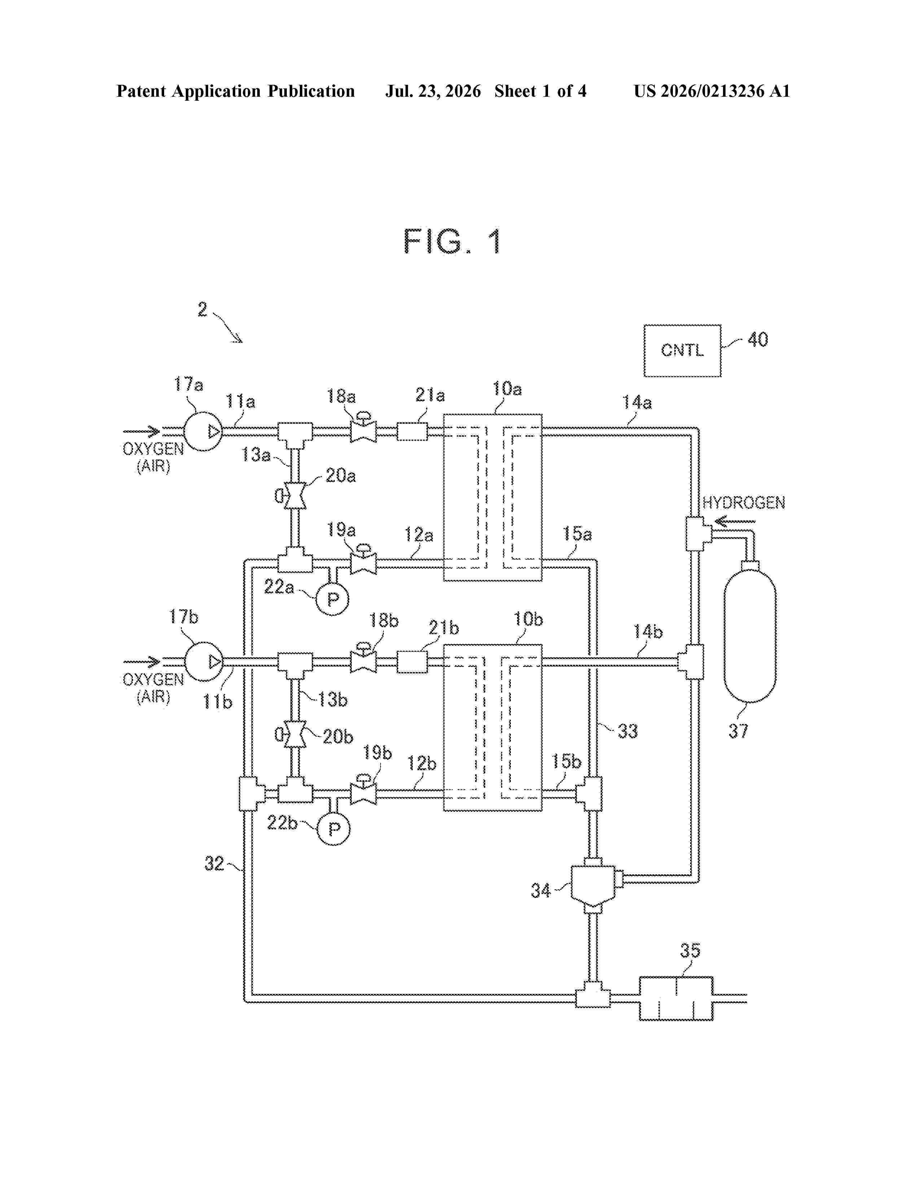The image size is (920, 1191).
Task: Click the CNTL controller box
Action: (x=682, y=351)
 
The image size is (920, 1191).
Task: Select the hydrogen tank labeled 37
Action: (x=749, y=635)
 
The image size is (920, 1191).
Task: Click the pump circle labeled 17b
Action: (x=203, y=662)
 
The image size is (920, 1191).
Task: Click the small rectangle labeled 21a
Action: (x=412, y=431)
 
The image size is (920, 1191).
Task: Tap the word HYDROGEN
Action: (x=744, y=502)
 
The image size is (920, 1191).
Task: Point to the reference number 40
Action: (x=758, y=340)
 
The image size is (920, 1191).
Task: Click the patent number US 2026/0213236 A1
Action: (x=712, y=91)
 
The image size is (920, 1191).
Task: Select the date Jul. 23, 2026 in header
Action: (x=433, y=91)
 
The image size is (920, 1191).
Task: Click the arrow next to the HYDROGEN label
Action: (x=735, y=522)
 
